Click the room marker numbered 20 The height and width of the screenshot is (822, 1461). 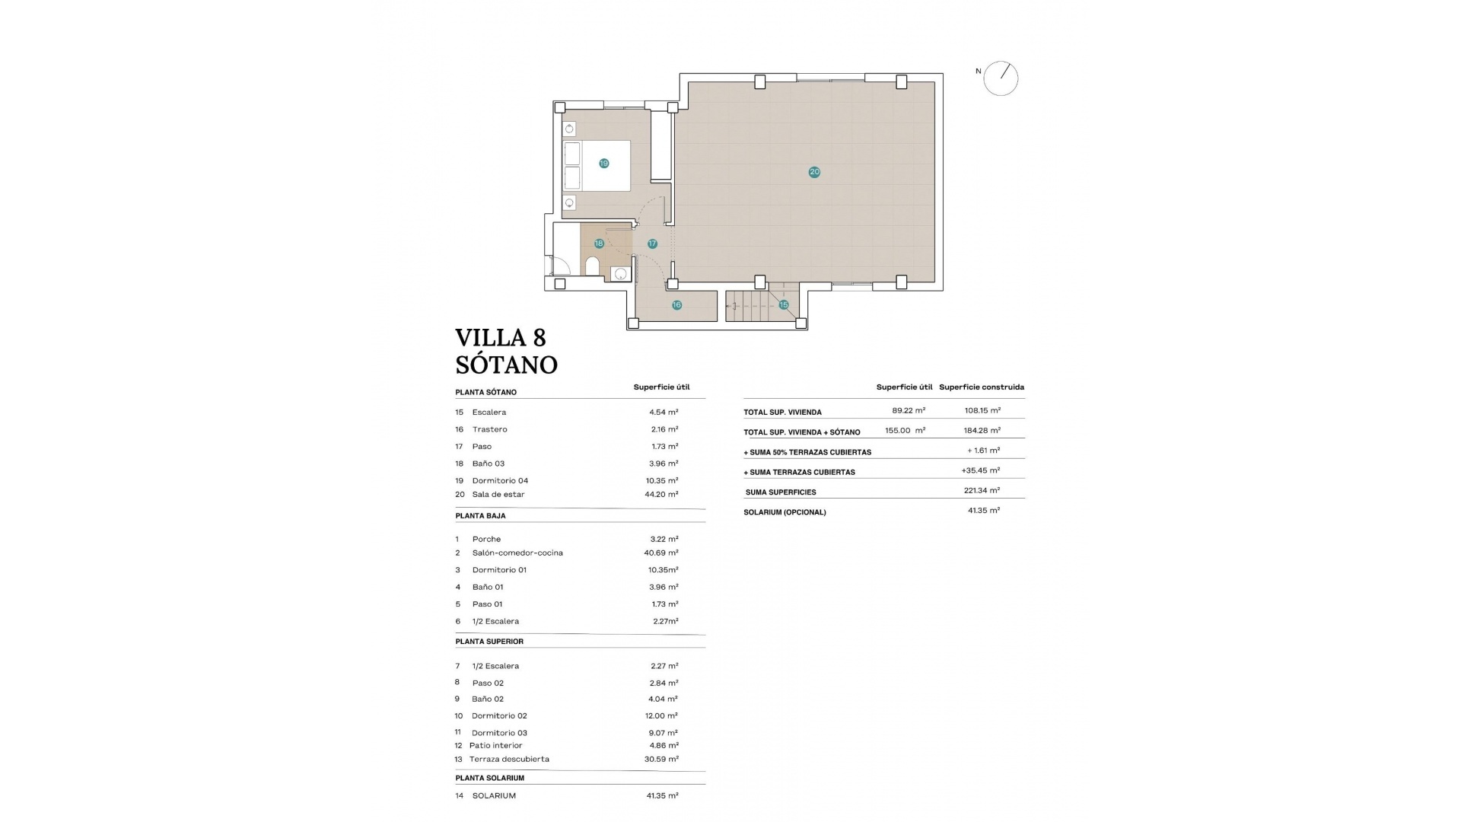click(814, 172)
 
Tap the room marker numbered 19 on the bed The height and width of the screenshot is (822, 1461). click(603, 164)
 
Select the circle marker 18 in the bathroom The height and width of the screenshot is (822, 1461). click(599, 244)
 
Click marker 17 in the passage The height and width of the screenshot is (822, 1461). click(652, 244)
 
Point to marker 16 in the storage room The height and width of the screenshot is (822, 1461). click(676, 305)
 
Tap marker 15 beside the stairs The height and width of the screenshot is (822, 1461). click(783, 304)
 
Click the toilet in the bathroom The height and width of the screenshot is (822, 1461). click(592, 266)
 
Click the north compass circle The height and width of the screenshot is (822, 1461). click(1001, 78)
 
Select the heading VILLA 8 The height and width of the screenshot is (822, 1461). click(501, 337)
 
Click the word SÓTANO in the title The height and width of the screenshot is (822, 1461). click(506, 365)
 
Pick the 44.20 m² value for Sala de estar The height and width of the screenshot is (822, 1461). click(661, 494)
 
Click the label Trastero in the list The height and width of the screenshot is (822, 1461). click(489, 429)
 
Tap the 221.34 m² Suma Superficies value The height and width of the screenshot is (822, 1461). click(982, 491)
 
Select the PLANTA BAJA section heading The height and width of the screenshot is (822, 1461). click(480, 515)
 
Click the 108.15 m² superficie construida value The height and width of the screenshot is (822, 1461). click(982, 410)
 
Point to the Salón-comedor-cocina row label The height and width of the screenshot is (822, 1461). click(517, 553)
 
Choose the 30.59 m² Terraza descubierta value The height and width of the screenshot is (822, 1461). click(661, 759)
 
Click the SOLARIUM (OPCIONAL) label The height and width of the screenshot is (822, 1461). click(785, 512)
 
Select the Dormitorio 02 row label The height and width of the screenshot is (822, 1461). click(499, 715)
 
